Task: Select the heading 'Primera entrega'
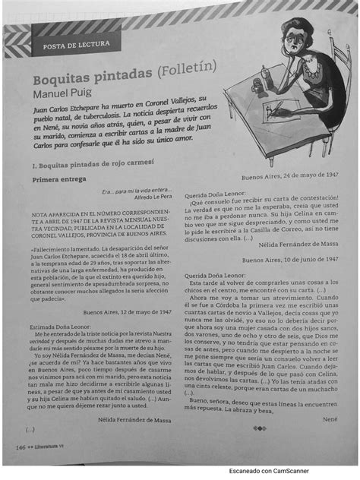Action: [57, 179]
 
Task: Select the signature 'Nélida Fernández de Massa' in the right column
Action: [298, 245]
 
